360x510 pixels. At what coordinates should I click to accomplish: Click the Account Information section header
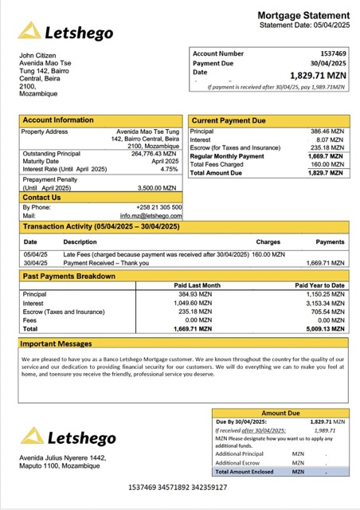pos(57,120)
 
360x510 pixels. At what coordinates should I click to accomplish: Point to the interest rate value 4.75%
pos(169,169)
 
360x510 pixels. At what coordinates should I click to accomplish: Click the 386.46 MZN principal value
pos(327,131)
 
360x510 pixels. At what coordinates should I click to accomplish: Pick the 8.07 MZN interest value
pos(330,139)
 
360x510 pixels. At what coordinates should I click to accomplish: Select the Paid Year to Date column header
pos(319,284)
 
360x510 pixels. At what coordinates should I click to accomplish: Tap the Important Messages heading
pos(59,344)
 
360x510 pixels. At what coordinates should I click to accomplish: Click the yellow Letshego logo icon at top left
pos(30,31)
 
